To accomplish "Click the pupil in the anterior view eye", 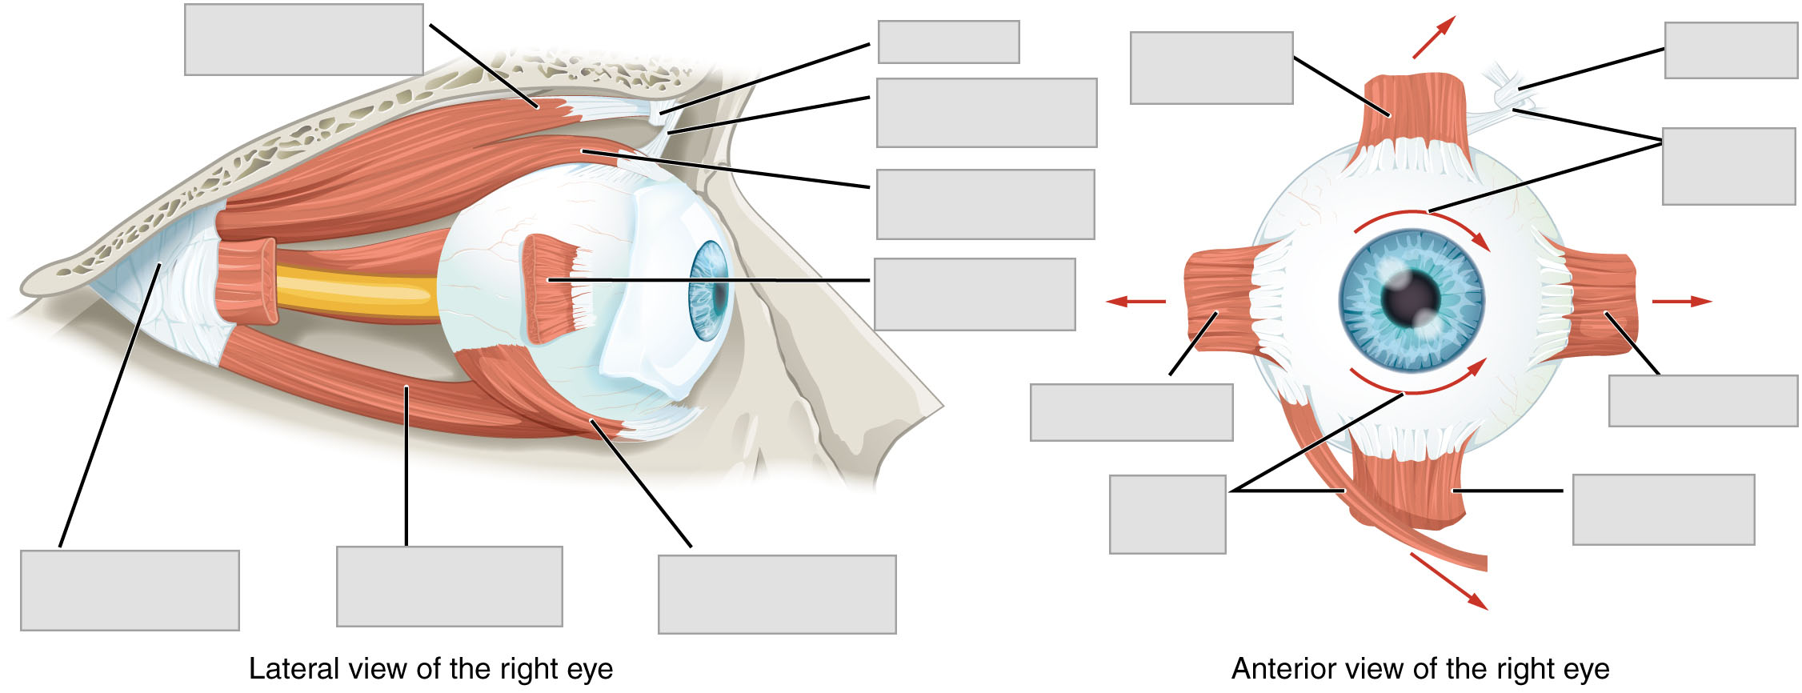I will point(1410,299).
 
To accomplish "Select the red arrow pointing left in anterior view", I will point(1135,302).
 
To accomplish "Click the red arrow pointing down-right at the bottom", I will point(1448,581).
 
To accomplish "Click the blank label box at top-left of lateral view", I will point(303,39).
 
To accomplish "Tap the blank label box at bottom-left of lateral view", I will point(130,590).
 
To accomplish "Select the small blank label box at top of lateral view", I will point(948,42).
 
